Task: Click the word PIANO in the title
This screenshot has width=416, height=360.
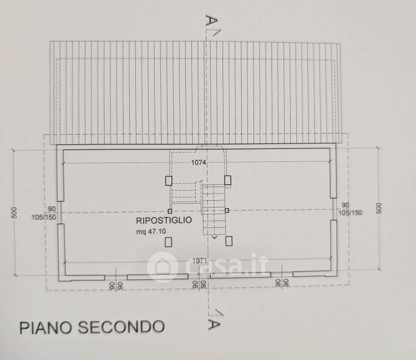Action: (x=46, y=327)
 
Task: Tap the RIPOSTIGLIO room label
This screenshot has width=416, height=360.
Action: (x=164, y=221)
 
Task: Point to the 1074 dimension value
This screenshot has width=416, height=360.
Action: (x=199, y=163)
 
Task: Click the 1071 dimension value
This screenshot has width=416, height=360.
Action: (x=196, y=262)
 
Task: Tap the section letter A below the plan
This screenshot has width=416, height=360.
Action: (x=211, y=325)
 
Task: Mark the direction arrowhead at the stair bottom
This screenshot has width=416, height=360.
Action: (x=214, y=238)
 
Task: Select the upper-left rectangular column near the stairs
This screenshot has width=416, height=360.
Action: (x=169, y=179)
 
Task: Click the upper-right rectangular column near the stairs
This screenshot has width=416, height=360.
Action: (x=228, y=179)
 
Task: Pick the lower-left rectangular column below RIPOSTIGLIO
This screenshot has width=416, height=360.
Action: (x=169, y=241)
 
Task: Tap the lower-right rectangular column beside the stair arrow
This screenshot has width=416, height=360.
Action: (x=229, y=241)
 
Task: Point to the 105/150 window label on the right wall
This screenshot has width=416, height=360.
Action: (x=351, y=212)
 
